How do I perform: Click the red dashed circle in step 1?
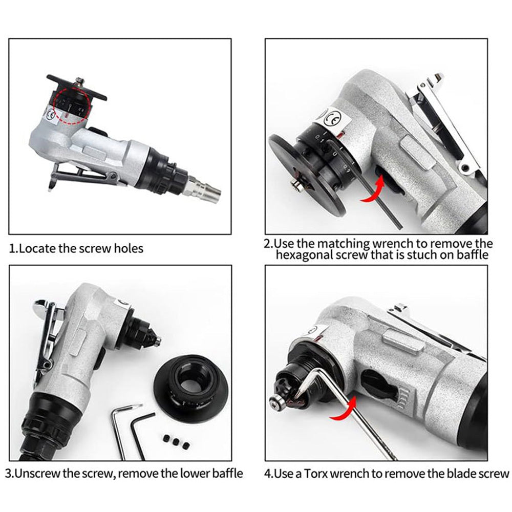[72, 105]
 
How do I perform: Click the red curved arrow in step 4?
[344, 410]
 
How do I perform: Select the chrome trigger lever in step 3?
[46, 333]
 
